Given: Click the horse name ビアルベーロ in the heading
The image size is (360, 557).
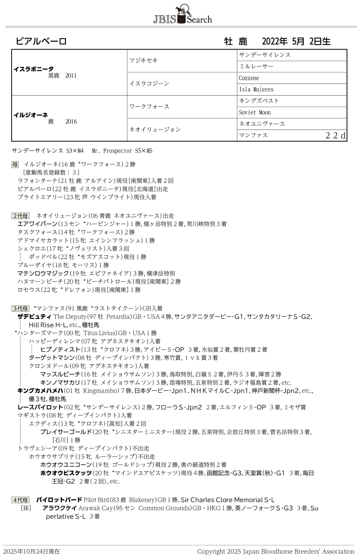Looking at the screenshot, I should tap(41, 41).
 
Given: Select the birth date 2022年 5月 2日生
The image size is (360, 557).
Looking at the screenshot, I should tap(296, 41).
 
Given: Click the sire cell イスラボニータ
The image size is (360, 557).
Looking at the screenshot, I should tap(34, 68).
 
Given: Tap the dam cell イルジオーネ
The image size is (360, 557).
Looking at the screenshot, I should tap(31, 115).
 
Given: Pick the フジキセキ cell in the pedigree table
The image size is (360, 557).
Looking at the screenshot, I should tap(143, 61).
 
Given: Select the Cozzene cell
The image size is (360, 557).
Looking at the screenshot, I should tap(249, 78).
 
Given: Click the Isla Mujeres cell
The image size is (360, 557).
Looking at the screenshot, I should tap(256, 90).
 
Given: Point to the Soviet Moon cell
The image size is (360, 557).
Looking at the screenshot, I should tap(255, 112).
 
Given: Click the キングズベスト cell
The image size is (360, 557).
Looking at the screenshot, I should tap(259, 101).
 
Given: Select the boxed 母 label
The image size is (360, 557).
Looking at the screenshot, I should tap(15, 164).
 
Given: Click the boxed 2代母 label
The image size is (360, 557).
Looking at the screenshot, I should tap(20, 216).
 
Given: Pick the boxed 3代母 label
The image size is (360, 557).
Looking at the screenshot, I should tap(20, 308).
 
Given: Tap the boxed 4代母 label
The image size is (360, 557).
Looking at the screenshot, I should tap(20, 500).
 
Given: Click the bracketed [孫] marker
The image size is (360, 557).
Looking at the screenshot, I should tap(26, 508).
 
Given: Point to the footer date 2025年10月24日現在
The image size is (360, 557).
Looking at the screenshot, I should tap(31, 551).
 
